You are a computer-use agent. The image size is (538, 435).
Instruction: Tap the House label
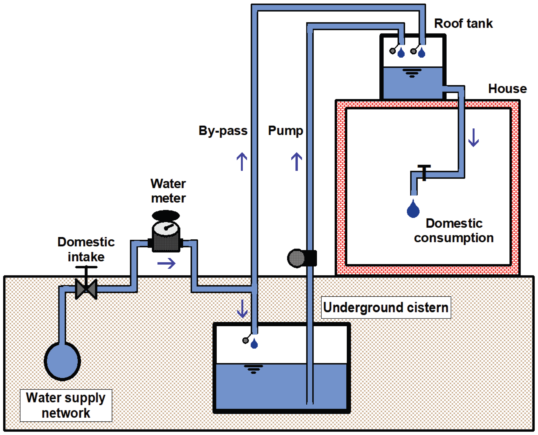(507, 89)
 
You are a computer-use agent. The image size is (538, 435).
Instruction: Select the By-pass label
(223, 131)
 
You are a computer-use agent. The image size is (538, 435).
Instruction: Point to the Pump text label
(285, 131)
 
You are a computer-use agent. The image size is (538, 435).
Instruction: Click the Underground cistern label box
(386, 307)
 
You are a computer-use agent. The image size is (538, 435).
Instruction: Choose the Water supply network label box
(66, 405)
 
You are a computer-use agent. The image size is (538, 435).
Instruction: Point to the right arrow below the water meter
(166, 263)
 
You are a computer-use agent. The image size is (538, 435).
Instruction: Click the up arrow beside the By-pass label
(242, 162)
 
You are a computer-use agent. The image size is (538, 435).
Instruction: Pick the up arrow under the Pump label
(297, 162)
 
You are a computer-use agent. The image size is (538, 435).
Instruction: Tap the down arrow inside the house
(473, 138)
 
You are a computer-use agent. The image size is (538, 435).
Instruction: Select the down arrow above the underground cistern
(242, 308)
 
